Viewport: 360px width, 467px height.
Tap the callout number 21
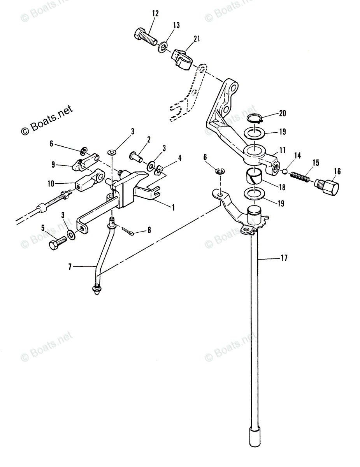197,38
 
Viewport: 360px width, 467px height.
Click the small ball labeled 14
285,171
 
